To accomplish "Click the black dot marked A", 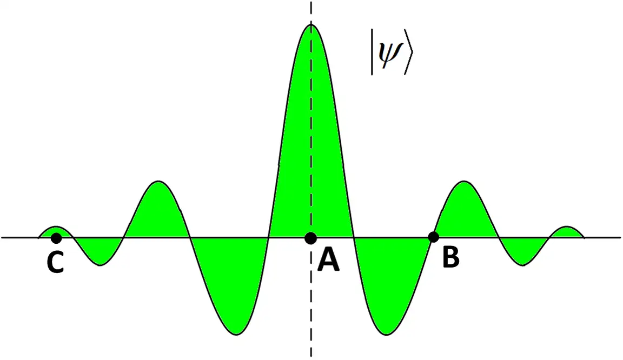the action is point(310,237).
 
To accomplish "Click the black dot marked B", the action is point(433,237).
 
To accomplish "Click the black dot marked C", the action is point(56,237).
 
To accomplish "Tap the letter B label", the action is point(450,259).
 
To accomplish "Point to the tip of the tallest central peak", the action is point(311,25).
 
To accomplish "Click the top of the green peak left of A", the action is point(158,182).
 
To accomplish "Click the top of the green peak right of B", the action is point(463,182).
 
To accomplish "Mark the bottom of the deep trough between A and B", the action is point(386,333).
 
